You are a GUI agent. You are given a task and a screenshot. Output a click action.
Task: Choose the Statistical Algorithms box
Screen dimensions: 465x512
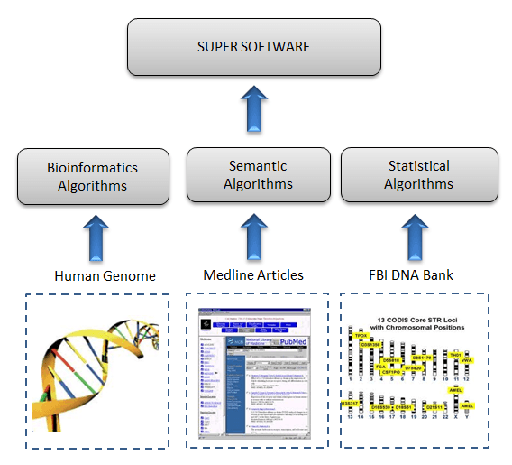click(418, 174)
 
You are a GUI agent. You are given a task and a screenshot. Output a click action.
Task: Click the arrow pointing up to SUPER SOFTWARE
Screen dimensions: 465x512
click(255, 108)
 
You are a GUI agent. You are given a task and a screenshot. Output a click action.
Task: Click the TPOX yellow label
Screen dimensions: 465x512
click(361, 335)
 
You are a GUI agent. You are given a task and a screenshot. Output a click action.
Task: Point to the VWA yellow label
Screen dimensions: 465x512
click(466, 360)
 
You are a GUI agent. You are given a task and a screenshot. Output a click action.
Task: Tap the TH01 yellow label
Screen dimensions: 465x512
click(456, 355)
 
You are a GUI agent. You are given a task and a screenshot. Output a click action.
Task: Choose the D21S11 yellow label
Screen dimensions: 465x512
click(434, 408)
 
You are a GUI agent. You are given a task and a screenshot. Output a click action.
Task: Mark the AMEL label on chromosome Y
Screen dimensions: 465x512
click(467, 406)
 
